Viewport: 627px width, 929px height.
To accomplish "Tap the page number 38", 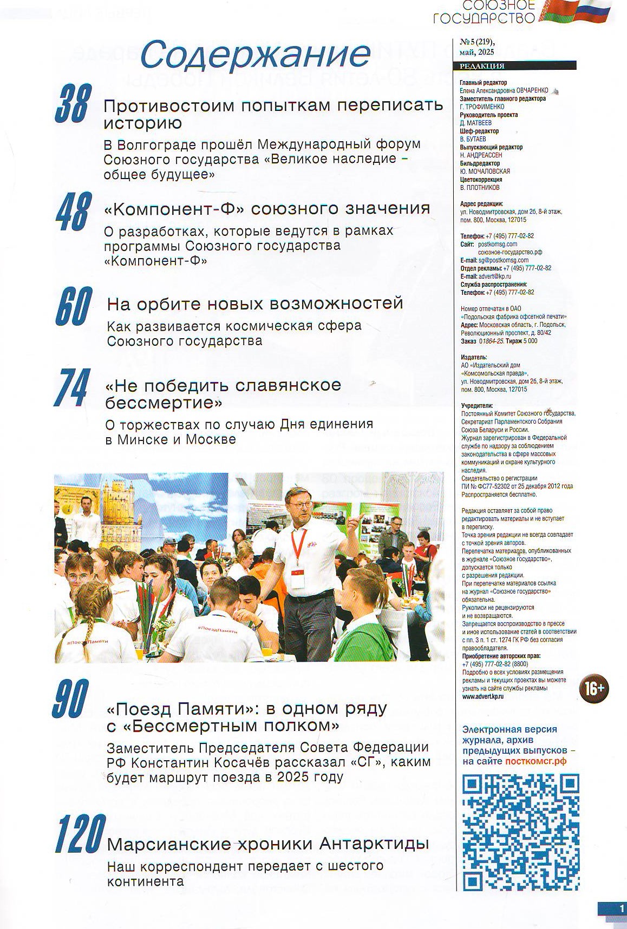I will coord(71,103).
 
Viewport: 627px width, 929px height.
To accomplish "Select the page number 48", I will coord(72,212).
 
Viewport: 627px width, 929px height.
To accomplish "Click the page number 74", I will coord(71,387).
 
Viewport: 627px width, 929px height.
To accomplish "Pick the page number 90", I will coord(71,699).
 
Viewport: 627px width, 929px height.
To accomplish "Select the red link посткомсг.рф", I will coord(535,761).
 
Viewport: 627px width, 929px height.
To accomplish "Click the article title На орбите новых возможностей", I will coord(255,303).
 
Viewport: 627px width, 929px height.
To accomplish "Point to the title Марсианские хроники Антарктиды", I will coord(268,843).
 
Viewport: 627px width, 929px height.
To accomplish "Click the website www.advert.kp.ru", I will coord(483,697).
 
